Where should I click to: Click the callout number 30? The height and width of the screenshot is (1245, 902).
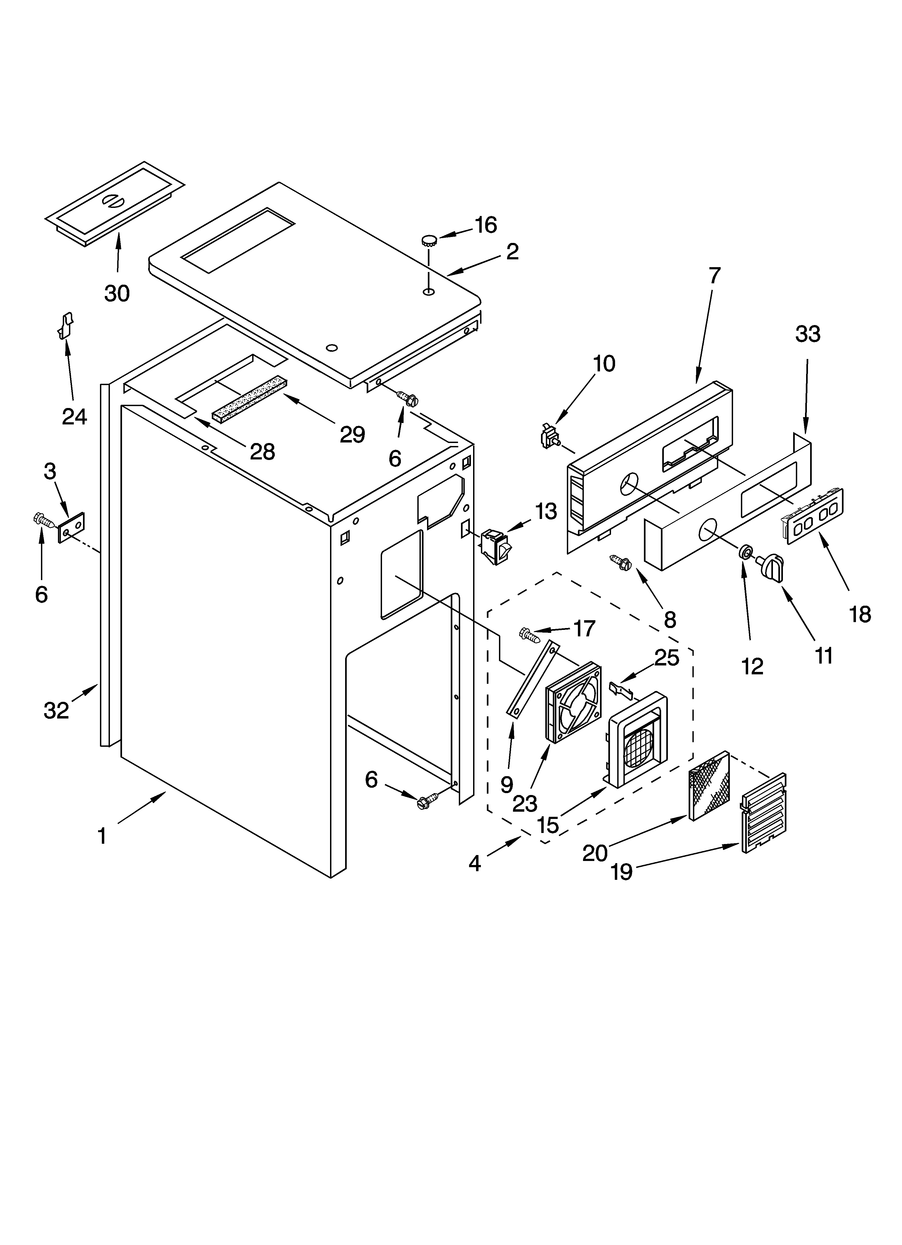117,294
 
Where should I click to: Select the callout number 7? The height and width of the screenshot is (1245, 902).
714,276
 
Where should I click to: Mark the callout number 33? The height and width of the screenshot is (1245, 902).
807,334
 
